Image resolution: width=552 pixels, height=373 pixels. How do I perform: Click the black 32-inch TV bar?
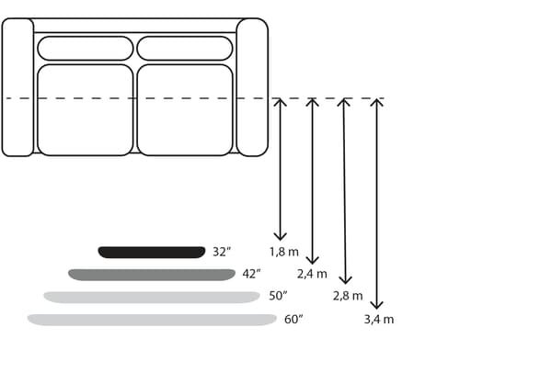(152, 253)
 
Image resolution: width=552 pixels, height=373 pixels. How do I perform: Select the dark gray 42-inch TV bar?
(152, 275)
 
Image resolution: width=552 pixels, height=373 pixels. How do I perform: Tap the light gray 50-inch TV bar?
(152, 297)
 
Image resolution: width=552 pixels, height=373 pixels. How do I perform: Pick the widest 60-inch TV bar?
(152, 320)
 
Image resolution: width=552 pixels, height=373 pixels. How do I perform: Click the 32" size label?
(222, 252)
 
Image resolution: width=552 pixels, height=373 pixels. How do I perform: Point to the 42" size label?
(251, 274)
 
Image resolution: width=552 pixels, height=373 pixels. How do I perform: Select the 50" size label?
(278, 296)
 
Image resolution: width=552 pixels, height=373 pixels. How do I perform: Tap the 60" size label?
(293, 319)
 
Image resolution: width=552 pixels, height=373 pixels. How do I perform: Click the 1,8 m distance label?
(284, 252)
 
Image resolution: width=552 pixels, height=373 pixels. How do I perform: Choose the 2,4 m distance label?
(312, 274)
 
